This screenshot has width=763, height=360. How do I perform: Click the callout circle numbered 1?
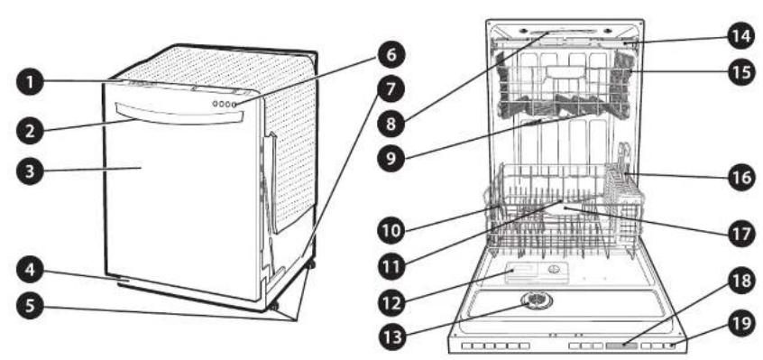pos(30,83)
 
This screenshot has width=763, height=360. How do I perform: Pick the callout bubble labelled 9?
pos(392,158)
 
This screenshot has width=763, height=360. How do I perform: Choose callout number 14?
pos(742,36)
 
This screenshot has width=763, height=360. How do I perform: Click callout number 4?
pos(30,270)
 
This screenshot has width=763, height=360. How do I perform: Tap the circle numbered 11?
pos(391,265)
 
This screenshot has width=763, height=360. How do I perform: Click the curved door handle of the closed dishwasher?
pos(179,115)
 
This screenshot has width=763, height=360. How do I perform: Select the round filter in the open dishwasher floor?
pos(535,300)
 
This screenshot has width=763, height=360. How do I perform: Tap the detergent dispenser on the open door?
pos(537,272)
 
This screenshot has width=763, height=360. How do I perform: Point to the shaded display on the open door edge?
pos(621,346)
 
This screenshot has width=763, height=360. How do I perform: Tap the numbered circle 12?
pos(392,302)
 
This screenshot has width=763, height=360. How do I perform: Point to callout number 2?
pos(30,132)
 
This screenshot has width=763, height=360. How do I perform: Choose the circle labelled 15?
pos(742,72)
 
